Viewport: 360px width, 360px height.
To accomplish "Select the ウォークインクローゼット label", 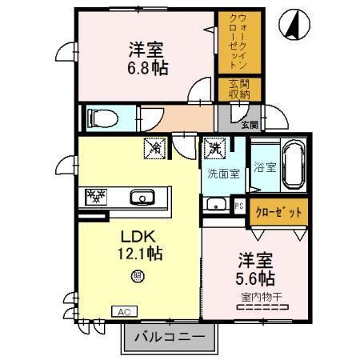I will coord(238,41).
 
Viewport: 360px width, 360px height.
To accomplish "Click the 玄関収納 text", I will coord(238,90).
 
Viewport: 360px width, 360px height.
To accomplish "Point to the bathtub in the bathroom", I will coord(293,166).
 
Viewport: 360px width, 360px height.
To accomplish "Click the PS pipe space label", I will coord(238,205).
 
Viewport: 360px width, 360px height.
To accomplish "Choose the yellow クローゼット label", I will coord(278,213).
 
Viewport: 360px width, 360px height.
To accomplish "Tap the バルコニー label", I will coord(168,335).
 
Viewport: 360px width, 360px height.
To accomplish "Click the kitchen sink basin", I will coord(142,196).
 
